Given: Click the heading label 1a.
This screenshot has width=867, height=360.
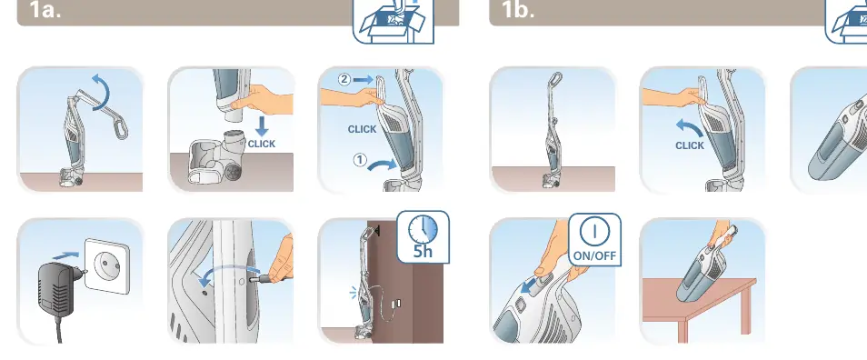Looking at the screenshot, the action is click(45, 9).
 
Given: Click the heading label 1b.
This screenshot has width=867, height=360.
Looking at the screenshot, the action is click(517, 9).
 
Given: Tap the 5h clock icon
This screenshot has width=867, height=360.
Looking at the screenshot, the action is click(423, 236).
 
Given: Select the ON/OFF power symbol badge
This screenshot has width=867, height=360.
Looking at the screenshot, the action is click(594, 239).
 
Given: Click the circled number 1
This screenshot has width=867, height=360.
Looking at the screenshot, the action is click(359, 160).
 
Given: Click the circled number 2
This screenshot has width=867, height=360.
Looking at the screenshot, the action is click(344, 80).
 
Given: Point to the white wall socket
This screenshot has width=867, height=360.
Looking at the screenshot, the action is click(106, 265).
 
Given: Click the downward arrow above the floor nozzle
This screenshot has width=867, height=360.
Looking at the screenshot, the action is click(262, 128).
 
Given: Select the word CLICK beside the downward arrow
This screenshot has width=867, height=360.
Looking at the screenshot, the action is click(261, 144).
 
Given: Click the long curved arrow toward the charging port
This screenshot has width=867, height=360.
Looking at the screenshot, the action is click(228, 269).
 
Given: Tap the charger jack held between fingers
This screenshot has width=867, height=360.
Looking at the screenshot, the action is click(266, 279).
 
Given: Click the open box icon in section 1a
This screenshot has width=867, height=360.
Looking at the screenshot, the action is click(394, 21).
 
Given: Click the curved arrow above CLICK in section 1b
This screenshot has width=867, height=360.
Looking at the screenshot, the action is click(690, 128).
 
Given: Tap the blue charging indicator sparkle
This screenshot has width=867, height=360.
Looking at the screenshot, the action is click(354, 293).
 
